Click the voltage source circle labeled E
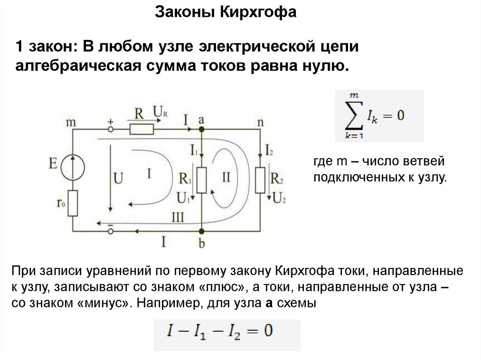(72, 168)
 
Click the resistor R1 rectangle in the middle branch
(202, 180)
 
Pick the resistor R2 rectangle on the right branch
(261, 180)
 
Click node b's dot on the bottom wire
(202, 230)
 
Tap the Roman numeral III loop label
(178, 217)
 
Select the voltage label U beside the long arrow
(118, 178)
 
